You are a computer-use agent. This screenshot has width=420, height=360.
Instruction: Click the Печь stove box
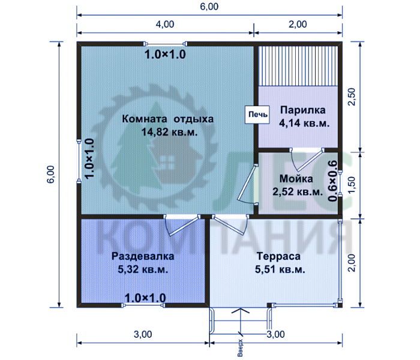pos(257,115)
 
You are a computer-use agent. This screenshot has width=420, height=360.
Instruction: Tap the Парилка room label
pos(303,110)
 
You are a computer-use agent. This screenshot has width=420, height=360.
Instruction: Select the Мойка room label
pos(296,179)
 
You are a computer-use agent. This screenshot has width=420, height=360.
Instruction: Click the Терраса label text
pos(278,256)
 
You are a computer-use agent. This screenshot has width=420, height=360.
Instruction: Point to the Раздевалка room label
pos(143,256)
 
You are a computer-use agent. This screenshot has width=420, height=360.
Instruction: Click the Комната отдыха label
pos(168,119)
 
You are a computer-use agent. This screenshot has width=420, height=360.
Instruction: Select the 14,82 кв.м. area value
pos(169,132)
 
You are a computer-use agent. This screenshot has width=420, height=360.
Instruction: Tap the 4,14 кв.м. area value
pos(304,123)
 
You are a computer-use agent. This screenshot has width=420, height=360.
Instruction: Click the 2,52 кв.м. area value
pos(298,192)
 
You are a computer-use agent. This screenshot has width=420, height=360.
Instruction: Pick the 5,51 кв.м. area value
pos(280,269)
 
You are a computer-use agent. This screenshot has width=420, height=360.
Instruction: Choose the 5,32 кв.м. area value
pos(143,269)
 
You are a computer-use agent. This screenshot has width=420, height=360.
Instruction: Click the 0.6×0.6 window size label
pos(332,181)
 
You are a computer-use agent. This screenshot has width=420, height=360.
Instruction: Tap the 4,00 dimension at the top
pos(165,25)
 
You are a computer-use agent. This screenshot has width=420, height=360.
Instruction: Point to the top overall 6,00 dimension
pos(209,7)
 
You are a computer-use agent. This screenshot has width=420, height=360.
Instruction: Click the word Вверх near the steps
pos(240,348)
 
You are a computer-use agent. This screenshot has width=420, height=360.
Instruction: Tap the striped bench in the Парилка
pos(298,66)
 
